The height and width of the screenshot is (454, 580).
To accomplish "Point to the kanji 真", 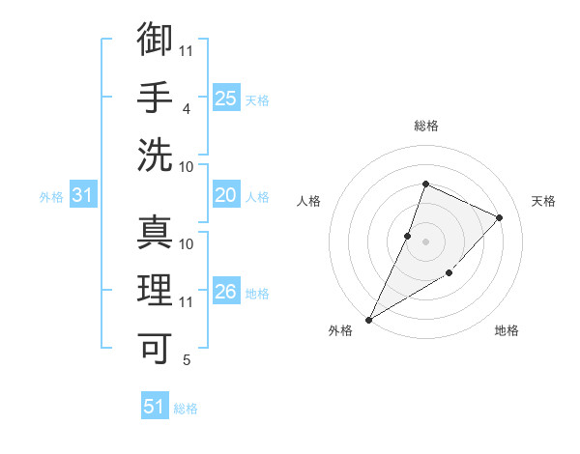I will pyautogui.click(x=155, y=232).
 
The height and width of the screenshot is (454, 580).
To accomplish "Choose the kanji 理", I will pyautogui.click(x=155, y=290).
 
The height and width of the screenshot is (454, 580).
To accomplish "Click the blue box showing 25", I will pyautogui.click(x=226, y=99).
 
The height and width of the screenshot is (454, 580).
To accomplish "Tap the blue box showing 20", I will pyautogui.click(x=226, y=196).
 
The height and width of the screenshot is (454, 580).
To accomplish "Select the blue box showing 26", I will pyautogui.click(x=226, y=292).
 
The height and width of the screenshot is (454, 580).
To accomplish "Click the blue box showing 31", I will pyautogui.click(x=83, y=196).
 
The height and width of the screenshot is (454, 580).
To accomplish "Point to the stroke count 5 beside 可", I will pyautogui.click(x=187, y=360).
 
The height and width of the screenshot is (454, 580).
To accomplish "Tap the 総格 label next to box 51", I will pyautogui.click(x=186, y=409).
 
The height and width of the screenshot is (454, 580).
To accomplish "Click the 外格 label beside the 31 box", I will pyautogui.click(x=51, y=197).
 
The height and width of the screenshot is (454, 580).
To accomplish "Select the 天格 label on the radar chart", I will pyautogui.click(x=543, y=201).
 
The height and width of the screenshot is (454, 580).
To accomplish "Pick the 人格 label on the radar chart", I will pyautogui.click(x=308, y=201).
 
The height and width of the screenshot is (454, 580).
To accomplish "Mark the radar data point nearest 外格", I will pyautogui.click(x=368, y=319).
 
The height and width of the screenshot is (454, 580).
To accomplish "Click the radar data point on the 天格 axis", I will pyautogui.click(x=499, y=217).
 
